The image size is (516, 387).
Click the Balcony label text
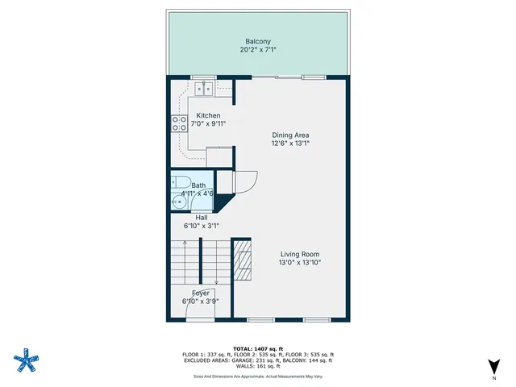click(258, 41)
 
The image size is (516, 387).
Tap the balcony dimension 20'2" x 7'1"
click(258, 50)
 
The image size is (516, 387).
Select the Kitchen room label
click(208, 116)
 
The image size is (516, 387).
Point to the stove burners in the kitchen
click(178, 124)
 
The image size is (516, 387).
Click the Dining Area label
click(290, 135)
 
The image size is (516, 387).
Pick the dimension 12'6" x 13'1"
click(290, 144)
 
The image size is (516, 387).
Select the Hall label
click(191, 217)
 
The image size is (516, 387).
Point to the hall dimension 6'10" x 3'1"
click(202, 227)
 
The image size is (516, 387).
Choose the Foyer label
click(201, 293)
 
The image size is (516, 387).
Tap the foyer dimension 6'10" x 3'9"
click(201, 302)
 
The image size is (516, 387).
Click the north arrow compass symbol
click(494, 367)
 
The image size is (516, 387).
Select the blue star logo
click(27, 360)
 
